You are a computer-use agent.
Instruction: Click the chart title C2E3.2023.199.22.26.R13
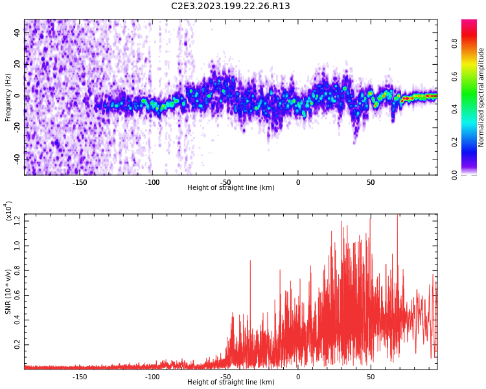(231, 6)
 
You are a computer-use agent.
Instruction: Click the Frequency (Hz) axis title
(8, 96)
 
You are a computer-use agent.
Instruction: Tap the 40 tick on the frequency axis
(18, 33)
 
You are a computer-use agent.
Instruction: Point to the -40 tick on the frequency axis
(17, 159)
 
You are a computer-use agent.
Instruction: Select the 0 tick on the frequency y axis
(18, 96)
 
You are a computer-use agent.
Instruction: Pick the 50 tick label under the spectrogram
(371, 182)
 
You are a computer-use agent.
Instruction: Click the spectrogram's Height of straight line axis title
(231, 188)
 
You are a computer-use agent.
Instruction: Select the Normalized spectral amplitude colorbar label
(481, 97)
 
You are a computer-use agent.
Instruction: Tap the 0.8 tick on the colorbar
(455, 43)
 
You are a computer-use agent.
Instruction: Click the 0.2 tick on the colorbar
(455, 142)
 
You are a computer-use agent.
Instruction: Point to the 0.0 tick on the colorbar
(455, 174)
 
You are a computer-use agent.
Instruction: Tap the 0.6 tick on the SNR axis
(17, 296)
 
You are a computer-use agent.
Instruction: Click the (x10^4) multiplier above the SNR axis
(9, 211)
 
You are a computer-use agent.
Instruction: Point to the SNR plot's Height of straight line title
(231, 383)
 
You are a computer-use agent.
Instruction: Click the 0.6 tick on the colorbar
(455, 76)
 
